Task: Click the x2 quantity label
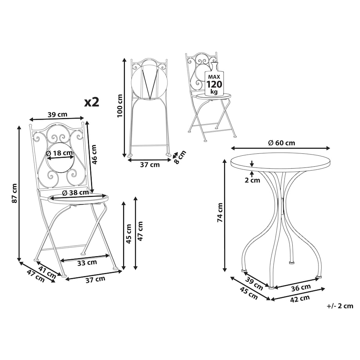point(92,102)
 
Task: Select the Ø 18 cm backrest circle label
point(59,153)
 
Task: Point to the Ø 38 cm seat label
point(76,193)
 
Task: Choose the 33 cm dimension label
point(87,262)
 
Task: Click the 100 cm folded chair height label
point(120,106)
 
